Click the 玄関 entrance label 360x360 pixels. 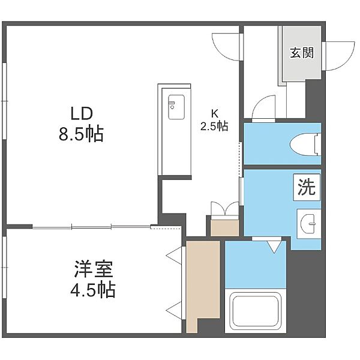(x=302, y=53)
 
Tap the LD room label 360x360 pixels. (x=82, y=114)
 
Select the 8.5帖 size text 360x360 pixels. (x=81, y=134)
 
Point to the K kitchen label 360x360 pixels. (x=215, y=113)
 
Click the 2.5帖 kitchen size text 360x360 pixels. (x=214, y=126)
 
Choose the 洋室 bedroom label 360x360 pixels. (x=93, y=269)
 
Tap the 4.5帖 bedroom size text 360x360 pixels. (x=93, y=290)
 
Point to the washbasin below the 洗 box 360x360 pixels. (x=309, y=223)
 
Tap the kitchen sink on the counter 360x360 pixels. (x=176, y=107)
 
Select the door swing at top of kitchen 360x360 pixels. (x=227, y=47)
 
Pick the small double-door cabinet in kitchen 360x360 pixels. (x=225, y=209)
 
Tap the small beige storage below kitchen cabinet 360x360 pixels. (x=225, y=227)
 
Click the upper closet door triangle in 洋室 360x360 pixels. (x=174, y=256)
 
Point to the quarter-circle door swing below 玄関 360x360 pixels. (x=263, y=108)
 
